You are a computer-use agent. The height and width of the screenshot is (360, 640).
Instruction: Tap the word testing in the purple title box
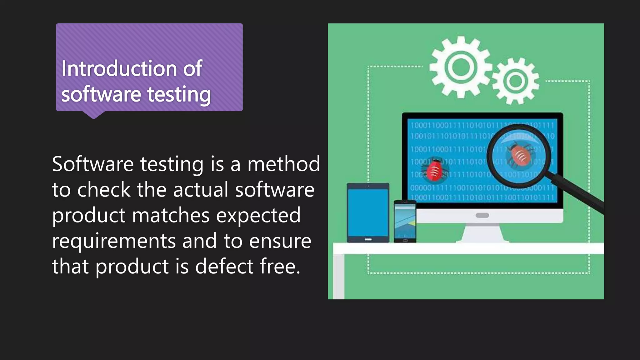(179, 94)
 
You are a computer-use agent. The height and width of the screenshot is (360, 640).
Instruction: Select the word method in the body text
(284, 164)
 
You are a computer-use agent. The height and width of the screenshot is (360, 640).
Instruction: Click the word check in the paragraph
(103, 190)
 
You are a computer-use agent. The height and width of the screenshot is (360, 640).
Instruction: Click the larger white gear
(461, 67)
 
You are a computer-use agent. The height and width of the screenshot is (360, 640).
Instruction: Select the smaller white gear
(516, 81)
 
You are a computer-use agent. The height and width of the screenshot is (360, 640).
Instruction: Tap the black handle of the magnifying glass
(578, 195)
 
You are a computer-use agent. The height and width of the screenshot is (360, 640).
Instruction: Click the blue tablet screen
(368, 212)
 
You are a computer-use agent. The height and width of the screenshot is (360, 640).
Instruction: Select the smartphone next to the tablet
(405, 221)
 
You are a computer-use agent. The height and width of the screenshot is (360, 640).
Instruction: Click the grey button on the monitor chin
(482, 215)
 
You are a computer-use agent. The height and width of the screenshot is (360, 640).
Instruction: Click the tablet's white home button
(368, 239)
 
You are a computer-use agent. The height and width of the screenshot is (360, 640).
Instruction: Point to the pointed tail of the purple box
(93, 115)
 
